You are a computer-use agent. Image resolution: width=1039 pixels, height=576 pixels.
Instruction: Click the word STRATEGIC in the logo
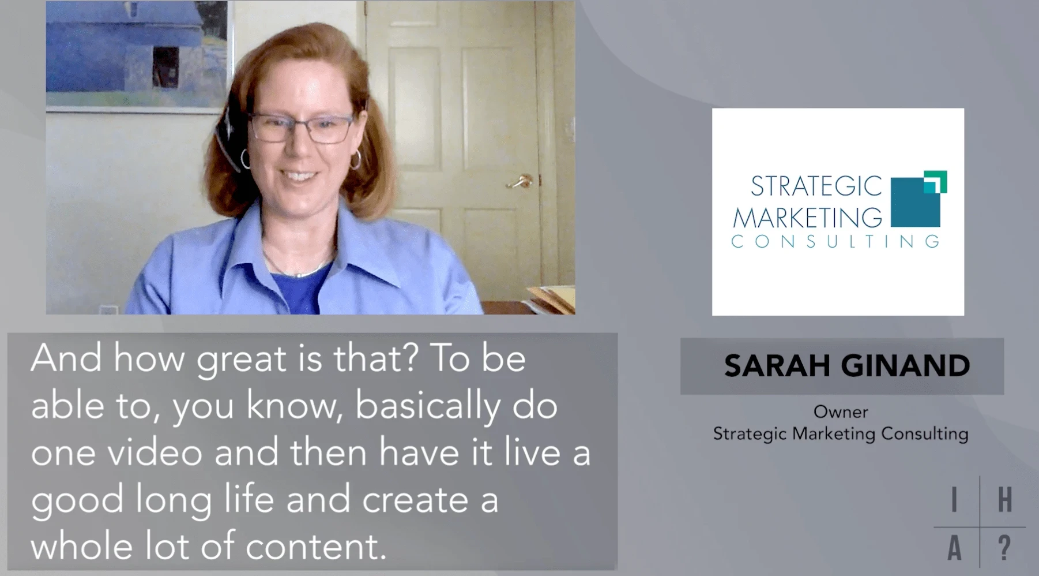coord(816,186)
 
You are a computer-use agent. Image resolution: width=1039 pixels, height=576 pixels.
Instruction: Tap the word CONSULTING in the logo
coord(835,241)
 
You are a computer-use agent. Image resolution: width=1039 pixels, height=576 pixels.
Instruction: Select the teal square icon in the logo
coord(918,199)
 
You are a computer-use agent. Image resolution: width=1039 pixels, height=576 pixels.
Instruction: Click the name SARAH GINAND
coord(846,365)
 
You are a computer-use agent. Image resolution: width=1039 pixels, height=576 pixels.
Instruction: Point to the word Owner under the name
coord(841,412)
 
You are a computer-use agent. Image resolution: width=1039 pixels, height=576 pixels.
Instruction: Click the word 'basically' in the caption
coord(427,407)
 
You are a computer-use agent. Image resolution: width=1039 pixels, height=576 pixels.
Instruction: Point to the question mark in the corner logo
coord(1004,548)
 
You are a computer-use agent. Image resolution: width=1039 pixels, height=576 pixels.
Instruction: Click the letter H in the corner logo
coord(1005,499)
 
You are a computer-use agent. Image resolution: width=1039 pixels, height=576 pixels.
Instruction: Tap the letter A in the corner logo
coord(955,548)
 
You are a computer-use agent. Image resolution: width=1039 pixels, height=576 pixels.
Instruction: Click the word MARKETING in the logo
coord(807,218)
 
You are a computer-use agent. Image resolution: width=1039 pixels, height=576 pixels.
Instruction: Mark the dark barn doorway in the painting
coord(165,67)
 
